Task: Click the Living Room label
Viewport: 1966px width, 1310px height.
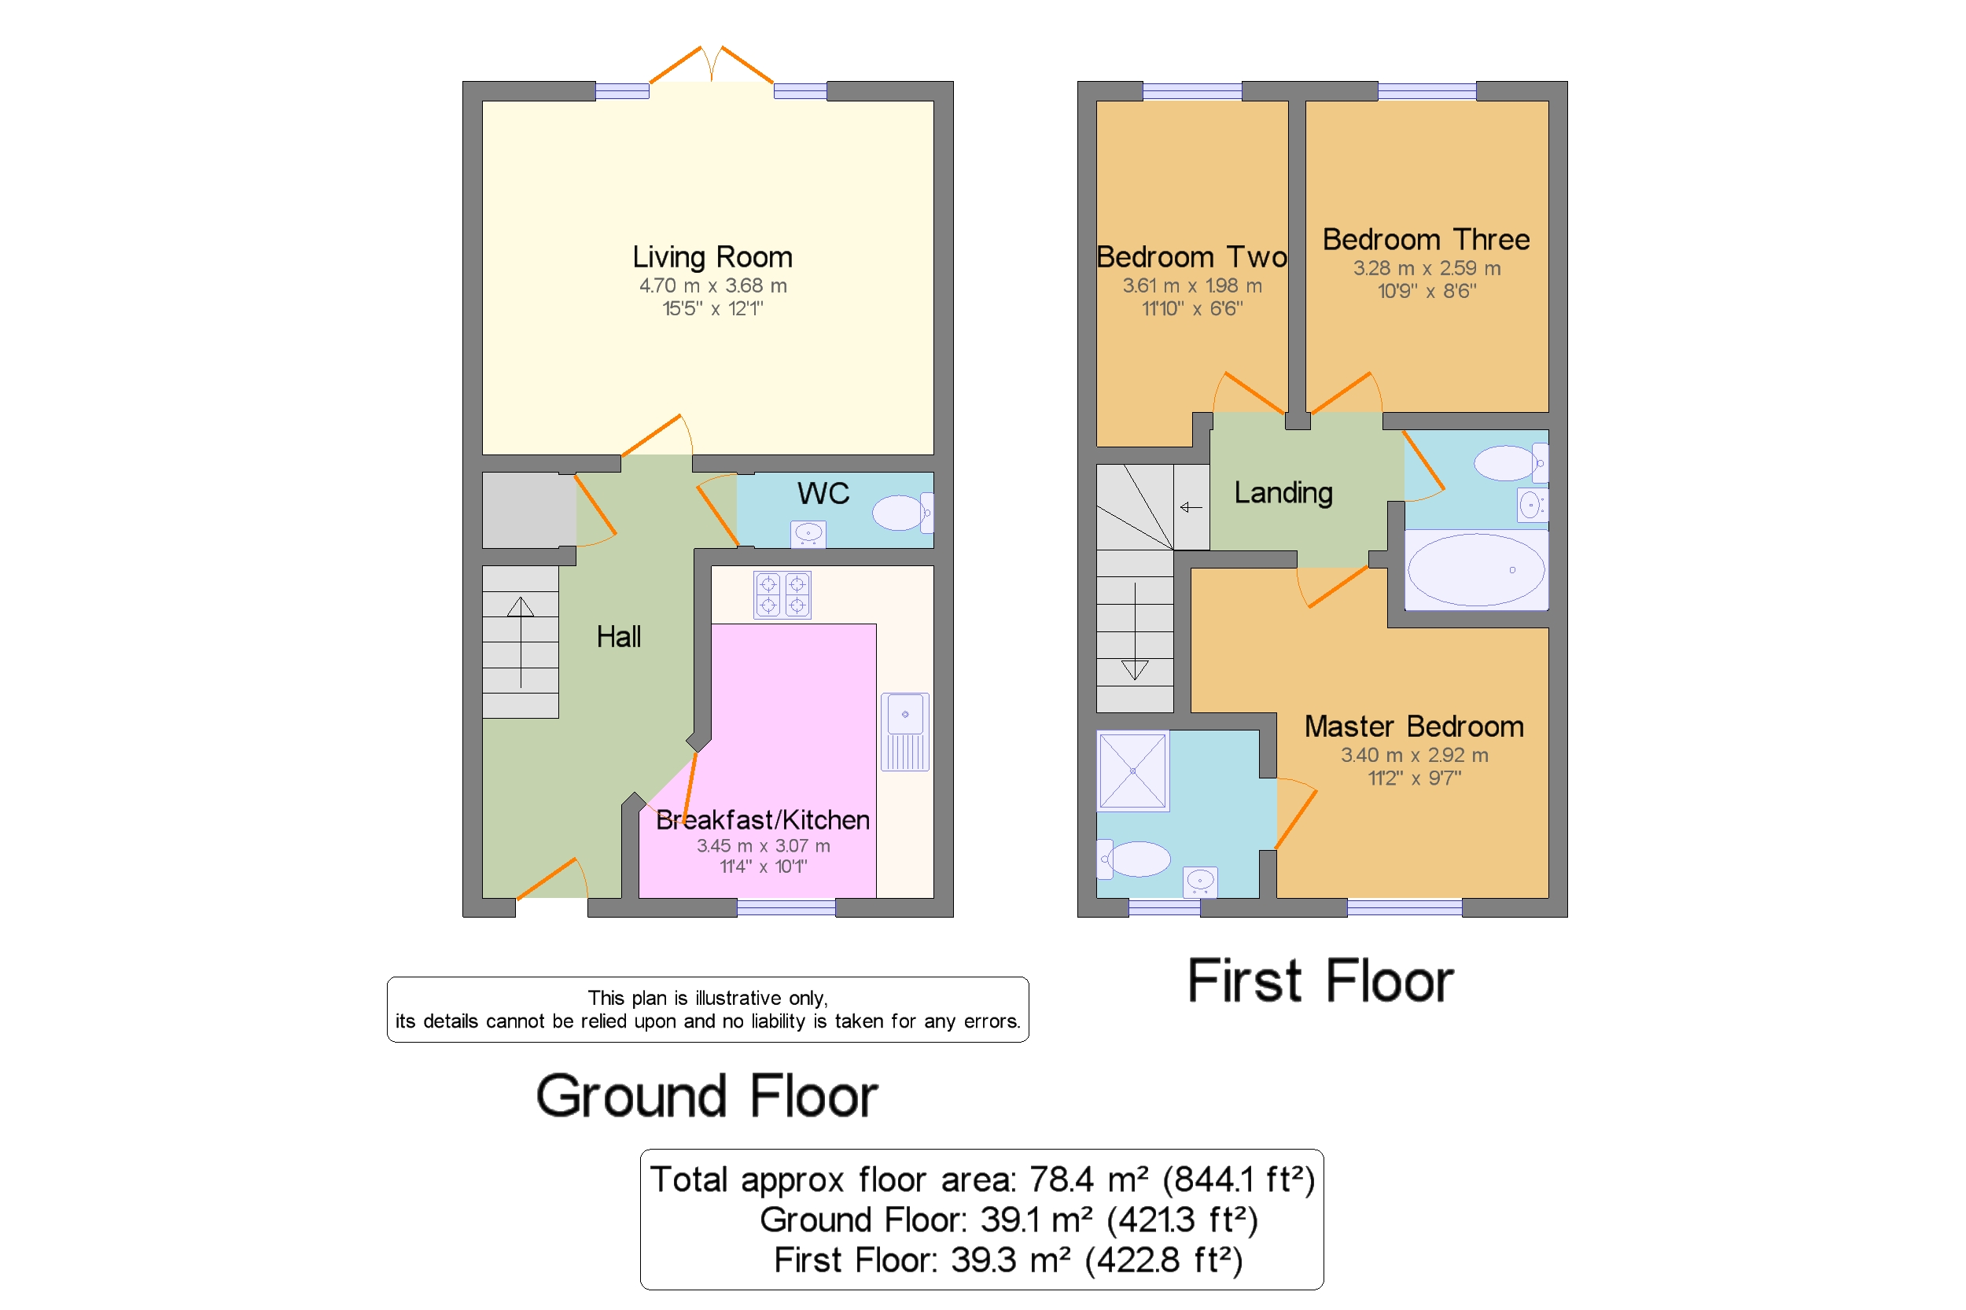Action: [x=712, y=256]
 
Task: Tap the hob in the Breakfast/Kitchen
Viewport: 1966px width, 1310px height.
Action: [x=782, y=594]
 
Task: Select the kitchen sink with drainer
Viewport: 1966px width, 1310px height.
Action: [x=905, y=731]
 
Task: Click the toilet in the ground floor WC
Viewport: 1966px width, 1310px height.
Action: [x=902, y=512]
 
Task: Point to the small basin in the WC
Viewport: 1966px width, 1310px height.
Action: [x=808, y=534]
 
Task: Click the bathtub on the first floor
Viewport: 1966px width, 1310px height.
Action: [x=1476, y=570]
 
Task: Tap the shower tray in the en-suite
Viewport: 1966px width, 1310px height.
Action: [x=1132, y=771]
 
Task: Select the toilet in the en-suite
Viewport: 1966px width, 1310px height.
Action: [x=1133, y=859]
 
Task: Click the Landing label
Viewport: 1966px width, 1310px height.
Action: [x=1283, y=493]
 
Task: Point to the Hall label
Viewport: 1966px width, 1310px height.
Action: [x=618, y=637]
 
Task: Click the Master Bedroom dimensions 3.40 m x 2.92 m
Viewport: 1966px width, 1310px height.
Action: [x=1415, y=754]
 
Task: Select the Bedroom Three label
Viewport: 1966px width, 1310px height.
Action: [x=1427, y=239]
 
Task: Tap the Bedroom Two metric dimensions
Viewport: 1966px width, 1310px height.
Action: [x=1192, y=285]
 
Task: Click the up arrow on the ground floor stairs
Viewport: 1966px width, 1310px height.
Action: [x=521, y=642]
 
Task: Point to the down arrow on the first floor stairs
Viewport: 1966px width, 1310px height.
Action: [x=1135, y=631]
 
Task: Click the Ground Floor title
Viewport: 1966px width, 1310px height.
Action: [x=707, y=1095]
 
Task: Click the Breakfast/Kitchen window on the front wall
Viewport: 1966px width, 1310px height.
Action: [x=786, y=907]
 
